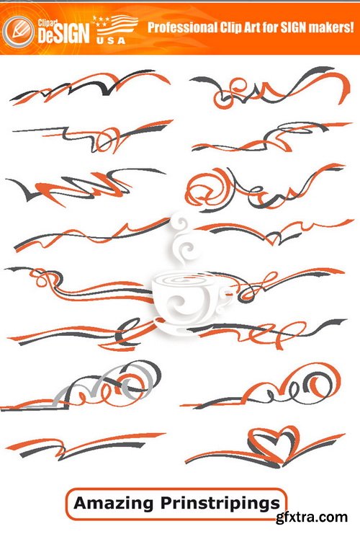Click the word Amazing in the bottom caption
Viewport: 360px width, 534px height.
109,502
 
